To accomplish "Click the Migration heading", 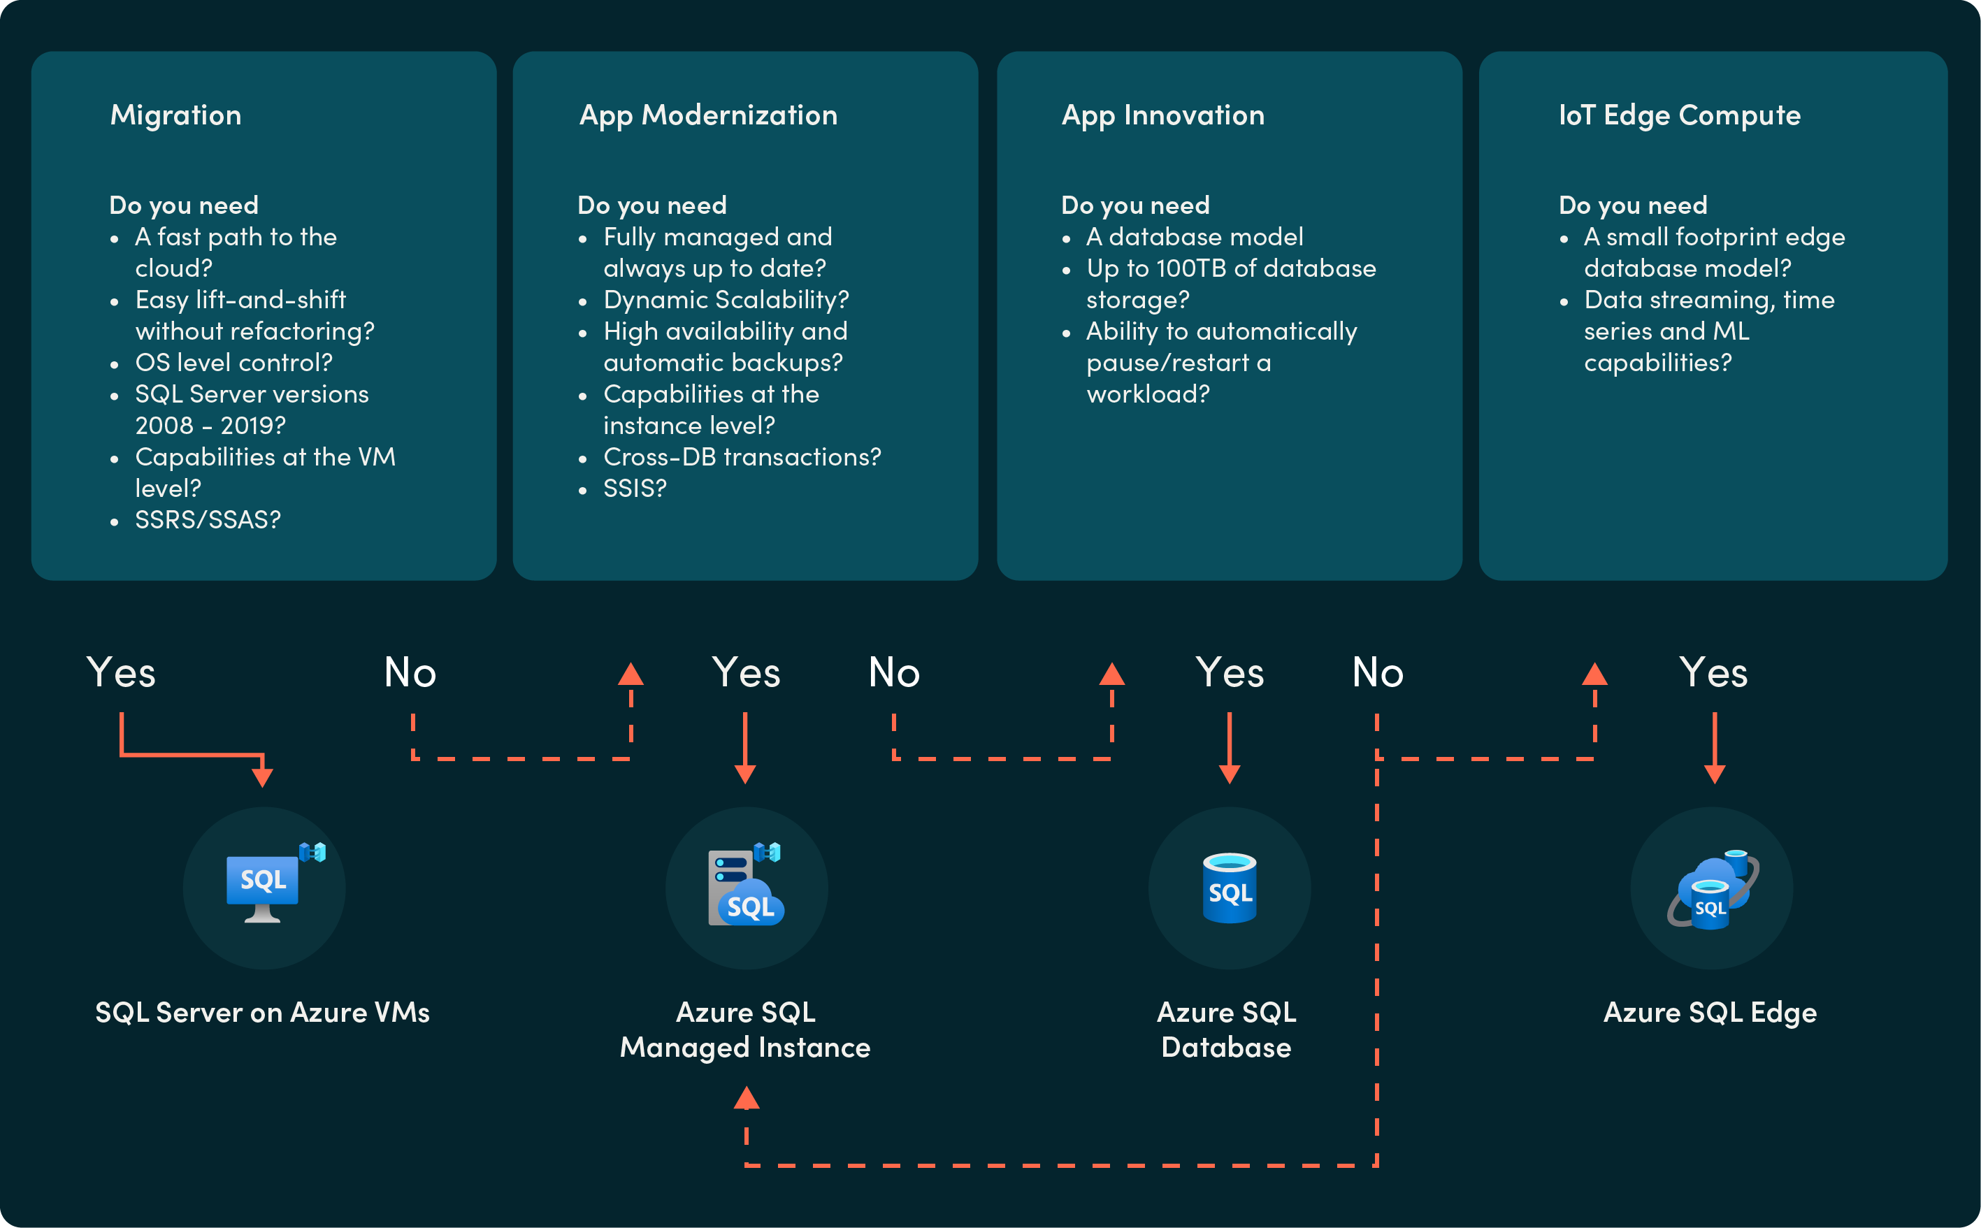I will [x=175, y=115].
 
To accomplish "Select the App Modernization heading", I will [x=707, y=115].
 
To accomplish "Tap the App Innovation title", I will [x=1162, y=115].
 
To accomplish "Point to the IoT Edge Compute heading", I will [x=1679, y=115].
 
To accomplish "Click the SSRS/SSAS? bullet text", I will [x=208, y=520].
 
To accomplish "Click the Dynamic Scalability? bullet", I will [x=726, y=300].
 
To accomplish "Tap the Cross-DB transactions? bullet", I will [x=742, y=457].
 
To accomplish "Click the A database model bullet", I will [x=1194, y=237].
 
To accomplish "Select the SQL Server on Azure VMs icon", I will [x=265, y=888].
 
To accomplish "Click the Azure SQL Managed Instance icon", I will [x=746, y=888].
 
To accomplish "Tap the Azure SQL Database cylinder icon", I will [x=1229, y=888].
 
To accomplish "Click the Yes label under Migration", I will [x=121, y=672].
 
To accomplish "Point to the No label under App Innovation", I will [x=1378, y=672].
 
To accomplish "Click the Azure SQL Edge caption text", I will [x=1710, y=1013].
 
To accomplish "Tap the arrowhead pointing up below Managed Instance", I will [x=747, y=1099].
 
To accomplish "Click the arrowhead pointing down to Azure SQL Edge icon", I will [x=1714, y=773].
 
